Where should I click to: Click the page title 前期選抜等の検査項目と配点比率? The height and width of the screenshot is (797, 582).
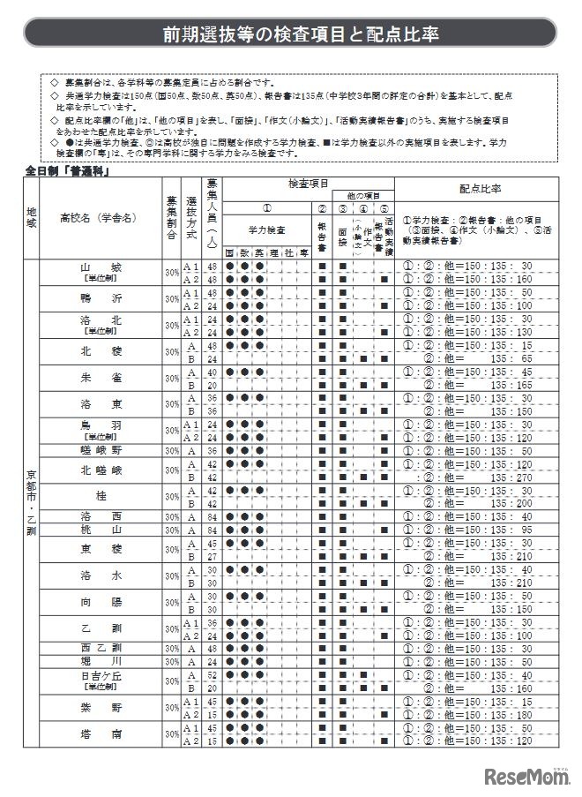click(x=290, y=34)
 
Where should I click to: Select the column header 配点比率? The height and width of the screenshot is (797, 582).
click(x=480, y=189)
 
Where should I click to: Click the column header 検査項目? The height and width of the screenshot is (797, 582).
click(x=309, y=183)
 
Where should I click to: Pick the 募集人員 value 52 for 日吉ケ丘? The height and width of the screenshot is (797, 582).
click(x=212, y=674)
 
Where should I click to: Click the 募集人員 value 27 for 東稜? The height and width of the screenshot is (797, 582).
click(x=212, y=556)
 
